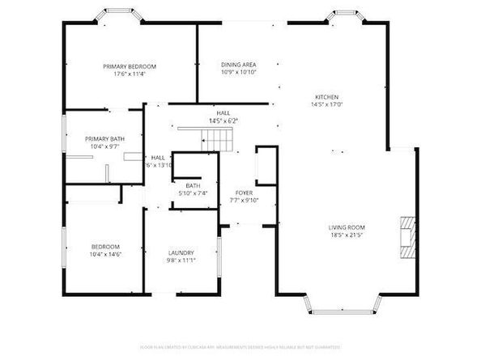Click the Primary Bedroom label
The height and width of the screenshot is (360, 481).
[x=130, y=66]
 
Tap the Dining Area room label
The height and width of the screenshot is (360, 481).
[x=239, y=64]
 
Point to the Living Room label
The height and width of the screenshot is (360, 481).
[x=347, y=227]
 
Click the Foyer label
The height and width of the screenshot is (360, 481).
[x=243, y=193]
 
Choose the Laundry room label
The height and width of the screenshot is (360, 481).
[x=181, y=252]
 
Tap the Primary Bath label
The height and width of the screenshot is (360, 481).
[x=104, y=139]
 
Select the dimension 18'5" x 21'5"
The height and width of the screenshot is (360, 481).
[x=347, y=235]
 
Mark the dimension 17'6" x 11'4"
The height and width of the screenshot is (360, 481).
[x=130, y=74]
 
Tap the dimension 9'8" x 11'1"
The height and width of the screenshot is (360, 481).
[x=181, y=260]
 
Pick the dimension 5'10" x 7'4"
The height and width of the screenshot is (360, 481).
[x=194, y=193]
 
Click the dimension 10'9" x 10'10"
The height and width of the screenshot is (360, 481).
[x=239, y=72]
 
